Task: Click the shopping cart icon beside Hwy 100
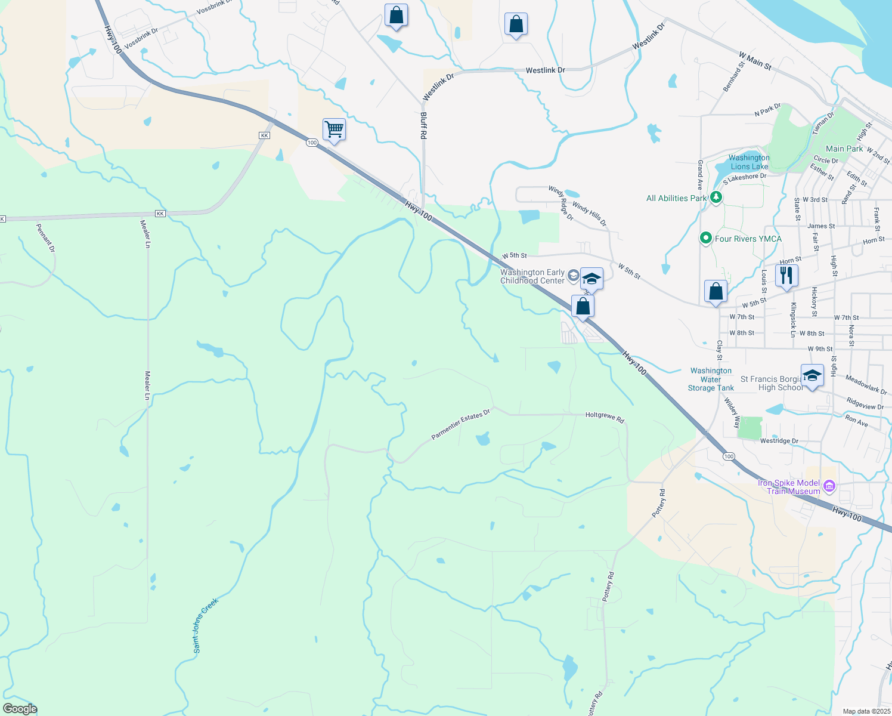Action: coord(335,129)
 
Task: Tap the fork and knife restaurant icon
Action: coord(786,276)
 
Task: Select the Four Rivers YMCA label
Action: coord(748,239)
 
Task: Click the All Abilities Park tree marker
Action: coord(716,197)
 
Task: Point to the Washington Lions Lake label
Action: coord(749,162)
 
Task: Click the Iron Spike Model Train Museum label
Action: coord(789,487)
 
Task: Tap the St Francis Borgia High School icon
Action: coord(812,376)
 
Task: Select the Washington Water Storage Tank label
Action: coord(711,379)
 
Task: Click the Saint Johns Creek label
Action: coord(206,625)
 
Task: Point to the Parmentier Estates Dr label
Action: coord(460,424)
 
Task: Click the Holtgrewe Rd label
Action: coord(605,417)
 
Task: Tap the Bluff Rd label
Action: coord(423,125)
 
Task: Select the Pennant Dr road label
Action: coord(45,237)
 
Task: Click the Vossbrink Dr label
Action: coord(141,37)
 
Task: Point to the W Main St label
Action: coord(755,61)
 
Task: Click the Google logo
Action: coord(20,709)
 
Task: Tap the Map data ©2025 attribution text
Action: coord(866,711)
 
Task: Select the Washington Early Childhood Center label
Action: coord(532,276)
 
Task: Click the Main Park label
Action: coord(844,149)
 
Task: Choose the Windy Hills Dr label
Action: coord(589,214)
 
